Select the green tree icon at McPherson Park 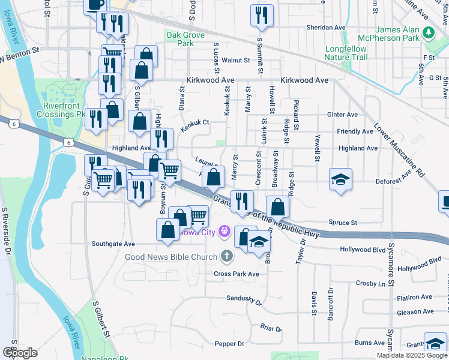[x=429, y=31]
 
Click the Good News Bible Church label [x=170, y=257]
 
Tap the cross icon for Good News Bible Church [x=226, y=257]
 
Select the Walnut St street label [x=235, y=60]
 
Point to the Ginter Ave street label [x=342, y=115]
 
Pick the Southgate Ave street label [x=113, y=244]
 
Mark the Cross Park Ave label [x=236, y=274]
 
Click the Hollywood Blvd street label [x=362, y=249]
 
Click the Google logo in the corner [x=20, y=353]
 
